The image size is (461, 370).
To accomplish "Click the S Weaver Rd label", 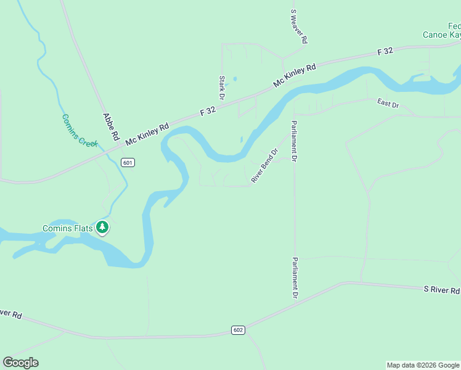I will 298,26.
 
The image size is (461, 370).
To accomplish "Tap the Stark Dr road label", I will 221,88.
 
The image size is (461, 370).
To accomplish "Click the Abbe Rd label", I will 111,127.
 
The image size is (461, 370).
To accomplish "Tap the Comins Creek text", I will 80,130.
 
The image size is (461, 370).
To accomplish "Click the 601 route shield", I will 128,163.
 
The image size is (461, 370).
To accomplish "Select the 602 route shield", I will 239,331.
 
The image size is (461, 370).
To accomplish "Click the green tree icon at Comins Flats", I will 102,228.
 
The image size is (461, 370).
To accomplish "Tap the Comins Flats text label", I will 67,228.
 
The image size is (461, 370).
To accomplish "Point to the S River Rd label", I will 441,290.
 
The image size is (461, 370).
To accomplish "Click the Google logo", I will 20,363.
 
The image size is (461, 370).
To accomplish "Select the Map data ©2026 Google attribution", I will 423,365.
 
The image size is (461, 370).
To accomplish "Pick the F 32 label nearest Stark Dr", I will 208,111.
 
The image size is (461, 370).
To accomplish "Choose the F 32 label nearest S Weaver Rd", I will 385,52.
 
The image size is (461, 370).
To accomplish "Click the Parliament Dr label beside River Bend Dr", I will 295,141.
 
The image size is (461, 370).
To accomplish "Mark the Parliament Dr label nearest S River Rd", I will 295,277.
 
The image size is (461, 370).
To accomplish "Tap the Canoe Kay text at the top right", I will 441,35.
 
